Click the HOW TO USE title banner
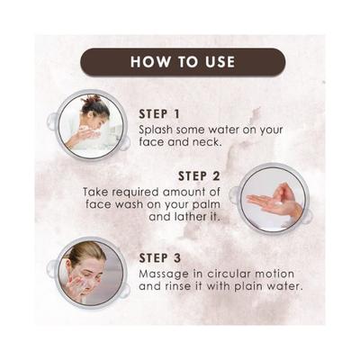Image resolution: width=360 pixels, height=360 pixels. tap(183, 62)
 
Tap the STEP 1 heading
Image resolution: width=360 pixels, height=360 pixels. tap(167, 113)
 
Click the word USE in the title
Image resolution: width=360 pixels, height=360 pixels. tap(213, 62)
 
